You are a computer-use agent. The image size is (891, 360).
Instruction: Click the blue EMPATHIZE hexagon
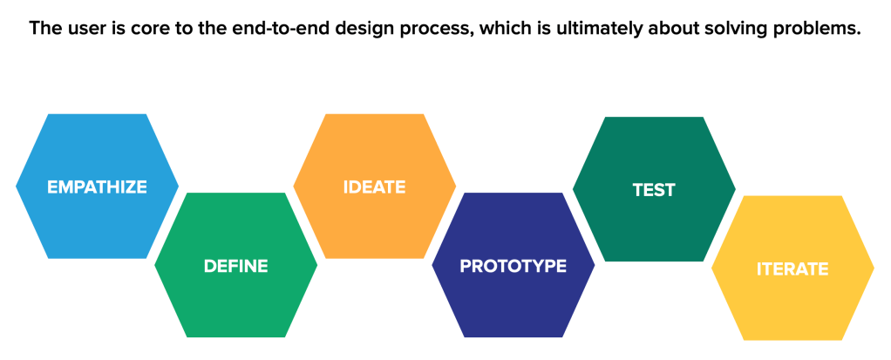click(x=97, y=187)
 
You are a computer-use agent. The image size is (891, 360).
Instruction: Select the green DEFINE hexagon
click(x=235, y=265)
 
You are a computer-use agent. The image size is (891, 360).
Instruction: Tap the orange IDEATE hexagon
click(x=375, y=187)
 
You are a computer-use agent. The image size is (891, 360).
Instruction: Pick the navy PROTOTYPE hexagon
click(x=514, y=265)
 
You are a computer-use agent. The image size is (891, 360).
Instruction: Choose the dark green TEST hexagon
click(x=654, y=189)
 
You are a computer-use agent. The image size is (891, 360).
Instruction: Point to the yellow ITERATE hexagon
click(x=792, y=268)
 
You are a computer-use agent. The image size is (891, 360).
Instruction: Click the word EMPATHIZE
click(x=97, y=187)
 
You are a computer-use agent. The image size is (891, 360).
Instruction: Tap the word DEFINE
click(x=235, y=266)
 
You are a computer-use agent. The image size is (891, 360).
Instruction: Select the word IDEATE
click(x=375, y=187)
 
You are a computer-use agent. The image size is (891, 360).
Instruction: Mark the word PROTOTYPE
click(x=514, y=266)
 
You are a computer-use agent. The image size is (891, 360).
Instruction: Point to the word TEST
click(x=654, y=190)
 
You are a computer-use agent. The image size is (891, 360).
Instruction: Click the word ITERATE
click(x=792, y=268)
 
